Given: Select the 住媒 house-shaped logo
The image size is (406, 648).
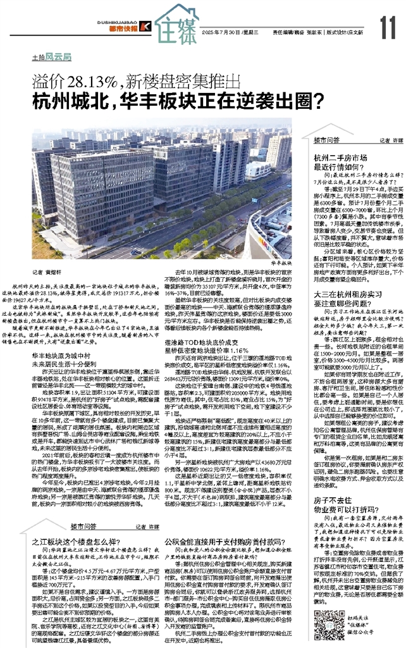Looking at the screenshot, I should pos(176,24).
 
